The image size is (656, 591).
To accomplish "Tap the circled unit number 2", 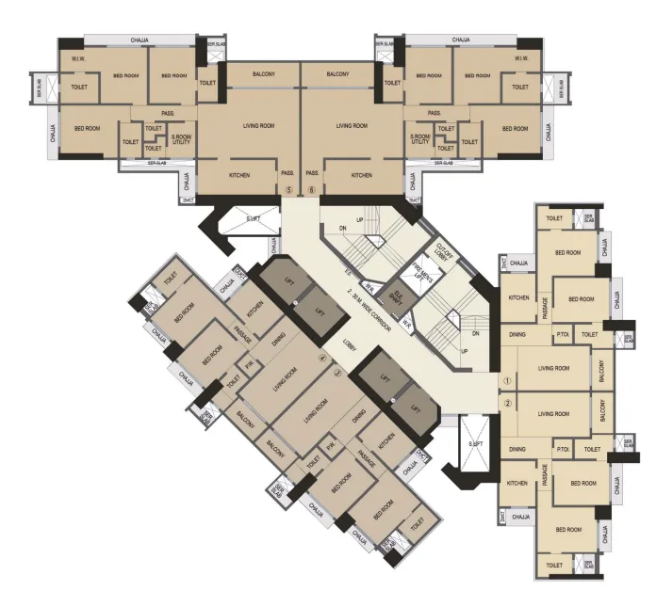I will coord(507,404).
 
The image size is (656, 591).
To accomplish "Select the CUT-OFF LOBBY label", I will coord(444,252).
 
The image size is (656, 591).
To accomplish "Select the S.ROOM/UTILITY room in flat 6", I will coord(421,138).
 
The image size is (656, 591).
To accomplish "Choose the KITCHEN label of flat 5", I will coord(239,175).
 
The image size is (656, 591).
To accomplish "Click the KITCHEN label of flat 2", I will coord(517,483).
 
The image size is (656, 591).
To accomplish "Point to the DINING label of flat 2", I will coord(517,450).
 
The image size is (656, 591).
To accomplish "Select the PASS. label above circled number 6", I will coord(313,174).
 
